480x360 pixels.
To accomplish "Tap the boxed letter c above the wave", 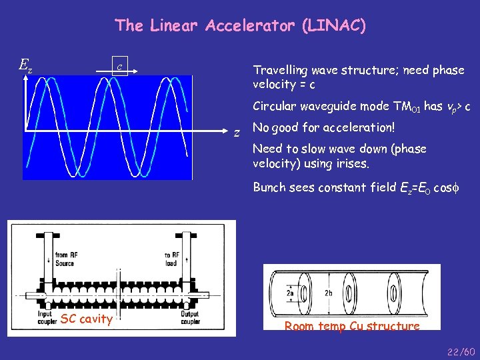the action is [x=119, y=66].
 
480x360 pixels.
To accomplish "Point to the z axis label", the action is [x=236, y=133].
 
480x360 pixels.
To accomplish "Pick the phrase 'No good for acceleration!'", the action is [x=324, y=127].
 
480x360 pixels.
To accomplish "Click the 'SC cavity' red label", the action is [x=86, y=319].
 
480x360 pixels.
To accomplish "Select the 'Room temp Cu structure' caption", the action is [x=352, y=326].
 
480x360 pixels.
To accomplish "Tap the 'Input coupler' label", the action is [x=45, y=317].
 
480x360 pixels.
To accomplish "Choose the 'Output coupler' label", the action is [x=190, y=317].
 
